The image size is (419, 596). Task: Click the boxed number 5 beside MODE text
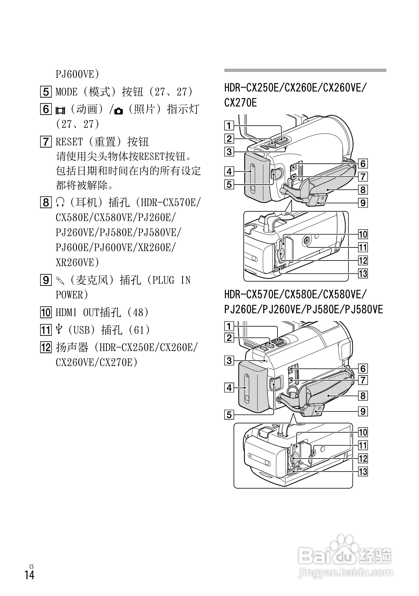[x=46, y=92]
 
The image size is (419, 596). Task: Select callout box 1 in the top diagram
[x=229, y=126]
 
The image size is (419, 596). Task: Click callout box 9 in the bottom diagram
[x=363, y=411]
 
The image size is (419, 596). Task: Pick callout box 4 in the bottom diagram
[x=229, y=388]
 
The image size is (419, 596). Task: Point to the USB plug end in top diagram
[x=318, y=200]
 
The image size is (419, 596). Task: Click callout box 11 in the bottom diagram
[x=363, y=446]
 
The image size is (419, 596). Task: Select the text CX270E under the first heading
[x=240, y=103]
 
